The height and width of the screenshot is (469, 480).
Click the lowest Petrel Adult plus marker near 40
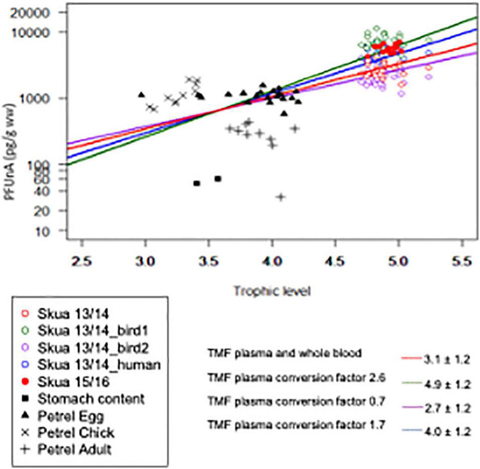281,197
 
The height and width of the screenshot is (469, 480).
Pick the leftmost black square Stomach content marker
197,183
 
